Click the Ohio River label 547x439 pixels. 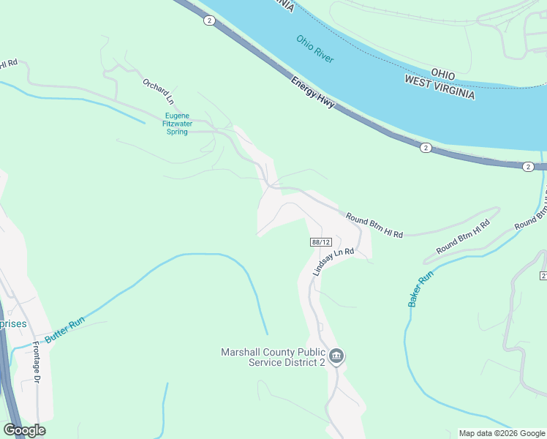tap(315, 48)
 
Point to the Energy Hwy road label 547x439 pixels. tap(312, 93)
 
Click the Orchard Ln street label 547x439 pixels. tap(158, 91)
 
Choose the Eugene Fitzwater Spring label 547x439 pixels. tap(178, 124)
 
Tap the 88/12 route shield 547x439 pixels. tap(321, 242)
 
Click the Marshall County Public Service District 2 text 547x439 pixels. tap(272, 357)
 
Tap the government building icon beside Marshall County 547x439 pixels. tap(336, 357)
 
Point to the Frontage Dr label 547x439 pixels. tap(35, 364)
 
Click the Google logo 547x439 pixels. tap(24, 430)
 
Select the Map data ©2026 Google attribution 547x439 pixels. tap(502, 433)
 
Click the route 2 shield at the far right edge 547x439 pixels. tap(528, 167)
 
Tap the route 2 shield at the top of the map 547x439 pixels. tap(209, 21)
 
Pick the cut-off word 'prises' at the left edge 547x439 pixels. tap(13, 324)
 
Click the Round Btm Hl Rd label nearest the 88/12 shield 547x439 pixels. tap(374, 225)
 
